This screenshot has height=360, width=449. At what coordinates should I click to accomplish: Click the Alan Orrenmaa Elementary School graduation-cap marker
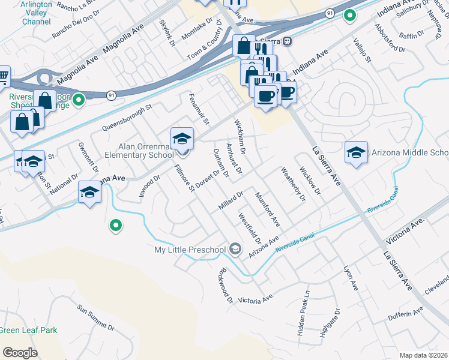tap(182, 139)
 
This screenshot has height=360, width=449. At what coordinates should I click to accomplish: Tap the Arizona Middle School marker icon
tap(356, 153)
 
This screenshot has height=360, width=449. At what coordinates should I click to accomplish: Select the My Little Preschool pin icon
tap(235, 249)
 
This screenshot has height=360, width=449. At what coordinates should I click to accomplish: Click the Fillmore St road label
tap(185, 179)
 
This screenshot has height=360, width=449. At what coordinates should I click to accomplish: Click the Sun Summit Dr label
tap(95, 317)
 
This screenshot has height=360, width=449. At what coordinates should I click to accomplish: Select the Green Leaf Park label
tap(28, 330)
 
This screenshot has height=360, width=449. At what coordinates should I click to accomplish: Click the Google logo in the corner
tap(20, 353)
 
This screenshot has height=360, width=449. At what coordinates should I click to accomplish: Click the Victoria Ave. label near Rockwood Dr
tap(256, 298)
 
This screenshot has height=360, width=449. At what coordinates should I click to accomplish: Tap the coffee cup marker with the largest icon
tap(265, 96)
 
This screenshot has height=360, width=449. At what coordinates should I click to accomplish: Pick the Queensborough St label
tap(128, 117)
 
